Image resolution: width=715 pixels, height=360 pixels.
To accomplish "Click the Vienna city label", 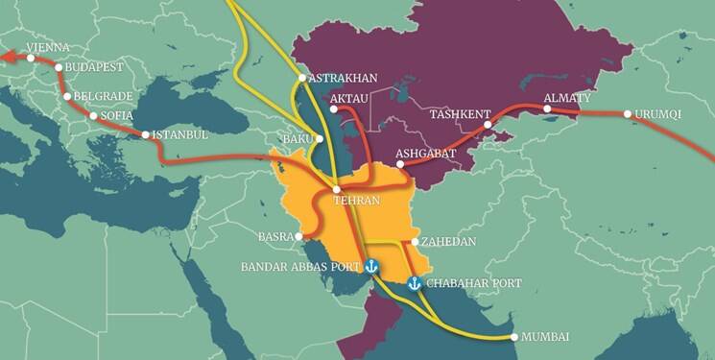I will (47, 46).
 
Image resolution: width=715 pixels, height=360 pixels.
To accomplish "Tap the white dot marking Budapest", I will (60, 68).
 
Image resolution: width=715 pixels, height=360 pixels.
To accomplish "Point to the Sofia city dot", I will (92, 116).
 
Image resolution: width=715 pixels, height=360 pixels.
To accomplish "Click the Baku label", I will (297, 140).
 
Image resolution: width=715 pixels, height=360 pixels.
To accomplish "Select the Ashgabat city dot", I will (400, 164).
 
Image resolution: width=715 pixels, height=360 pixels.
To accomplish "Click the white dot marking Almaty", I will (547, 109).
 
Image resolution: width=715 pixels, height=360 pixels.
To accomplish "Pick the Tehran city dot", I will (335, 188).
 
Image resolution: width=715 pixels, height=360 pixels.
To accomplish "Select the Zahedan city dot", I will (414, 242).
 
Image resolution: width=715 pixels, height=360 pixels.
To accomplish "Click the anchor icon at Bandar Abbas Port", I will (371, 268).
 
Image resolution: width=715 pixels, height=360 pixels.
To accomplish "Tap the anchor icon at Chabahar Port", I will (415, 284).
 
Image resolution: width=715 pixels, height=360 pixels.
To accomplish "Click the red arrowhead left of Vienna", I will (5, 58).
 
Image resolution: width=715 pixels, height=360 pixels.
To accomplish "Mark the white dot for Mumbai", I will (514, 337).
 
